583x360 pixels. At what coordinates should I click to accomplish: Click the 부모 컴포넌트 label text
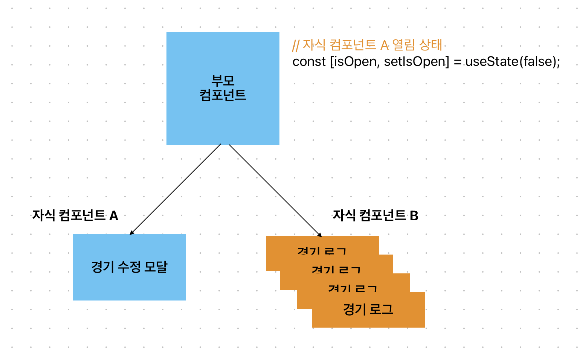(x=223, y=88)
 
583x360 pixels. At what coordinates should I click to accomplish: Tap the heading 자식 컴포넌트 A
(x=75, y=215)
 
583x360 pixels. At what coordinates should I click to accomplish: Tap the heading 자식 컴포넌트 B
(x=375, y=215)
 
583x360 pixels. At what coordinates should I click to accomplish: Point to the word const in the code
(x=309, y=61)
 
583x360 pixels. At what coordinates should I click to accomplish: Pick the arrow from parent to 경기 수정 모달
(x=176, y=189)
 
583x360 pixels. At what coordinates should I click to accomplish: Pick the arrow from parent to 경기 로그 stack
(x=275, y=190)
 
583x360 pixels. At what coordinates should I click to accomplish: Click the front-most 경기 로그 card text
(x=368, y=310)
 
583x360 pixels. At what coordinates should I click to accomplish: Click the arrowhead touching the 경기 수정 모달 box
(x=131, y=233)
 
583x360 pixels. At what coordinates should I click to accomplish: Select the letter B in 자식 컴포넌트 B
(x=414, y=216)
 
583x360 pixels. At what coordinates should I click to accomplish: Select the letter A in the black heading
(x=114, y=216)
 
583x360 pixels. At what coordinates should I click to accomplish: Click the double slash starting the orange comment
(x=296, y=46)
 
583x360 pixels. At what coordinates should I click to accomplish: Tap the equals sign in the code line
(x=457, y=62)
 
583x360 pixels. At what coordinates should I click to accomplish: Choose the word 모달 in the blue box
(x=156, y=267)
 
